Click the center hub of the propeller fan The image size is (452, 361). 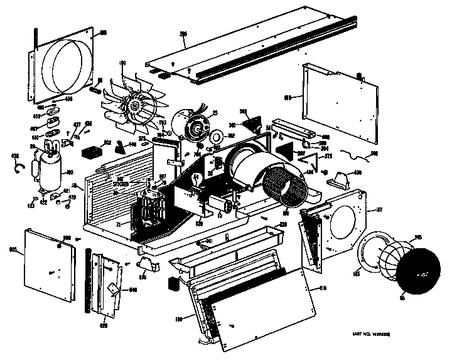pyautogui.click(x=134, y=107)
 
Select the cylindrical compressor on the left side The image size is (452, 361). pyautogui.click(x=49, y=167)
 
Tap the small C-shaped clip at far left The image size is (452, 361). pyautogui.click(x=19, y=165)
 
